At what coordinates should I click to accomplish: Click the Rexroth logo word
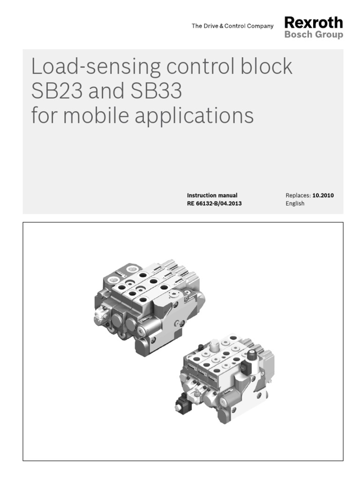click(314, 22)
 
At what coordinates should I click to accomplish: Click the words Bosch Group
click(314, 35)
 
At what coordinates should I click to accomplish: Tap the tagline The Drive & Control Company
click(232, 26)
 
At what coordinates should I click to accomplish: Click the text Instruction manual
click(212, 195)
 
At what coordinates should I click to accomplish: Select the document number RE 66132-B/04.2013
click(214, 203)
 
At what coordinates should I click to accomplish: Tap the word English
click(295, 203)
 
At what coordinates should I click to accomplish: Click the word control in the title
click(202, 67)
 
